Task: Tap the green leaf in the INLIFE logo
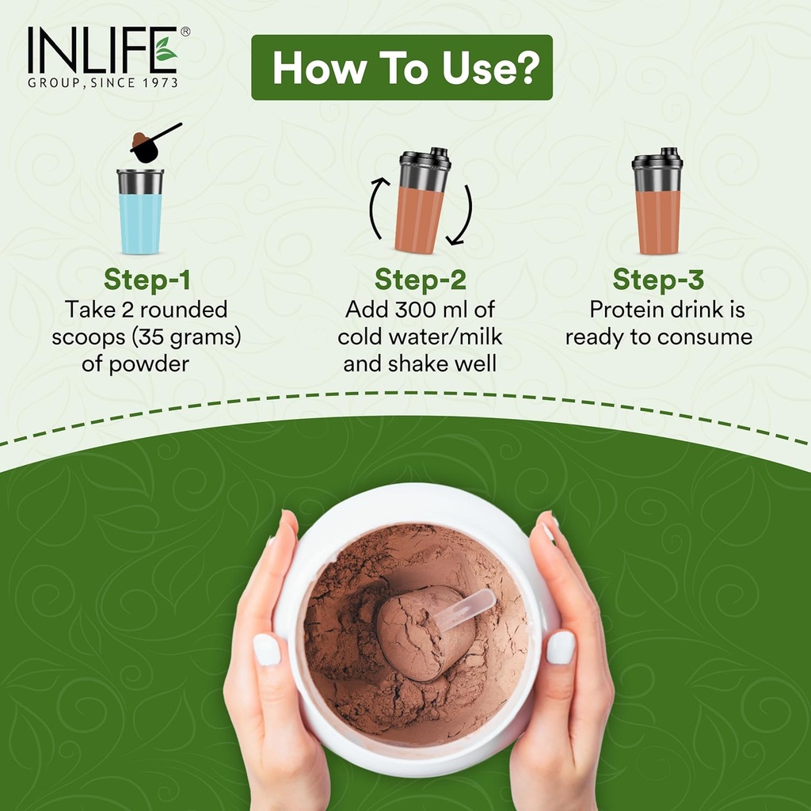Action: (166, 49)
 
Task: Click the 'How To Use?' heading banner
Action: (402, 67)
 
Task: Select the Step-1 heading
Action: (147, 280)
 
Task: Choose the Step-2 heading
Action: (420, 280)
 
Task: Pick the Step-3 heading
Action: (658, 280)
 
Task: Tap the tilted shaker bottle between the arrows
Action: (422, 202)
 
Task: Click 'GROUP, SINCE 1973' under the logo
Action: (102, 82)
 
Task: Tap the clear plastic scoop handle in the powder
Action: (466, 609)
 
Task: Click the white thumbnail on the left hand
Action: (267, 649)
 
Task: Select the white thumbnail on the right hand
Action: (561, 647)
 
